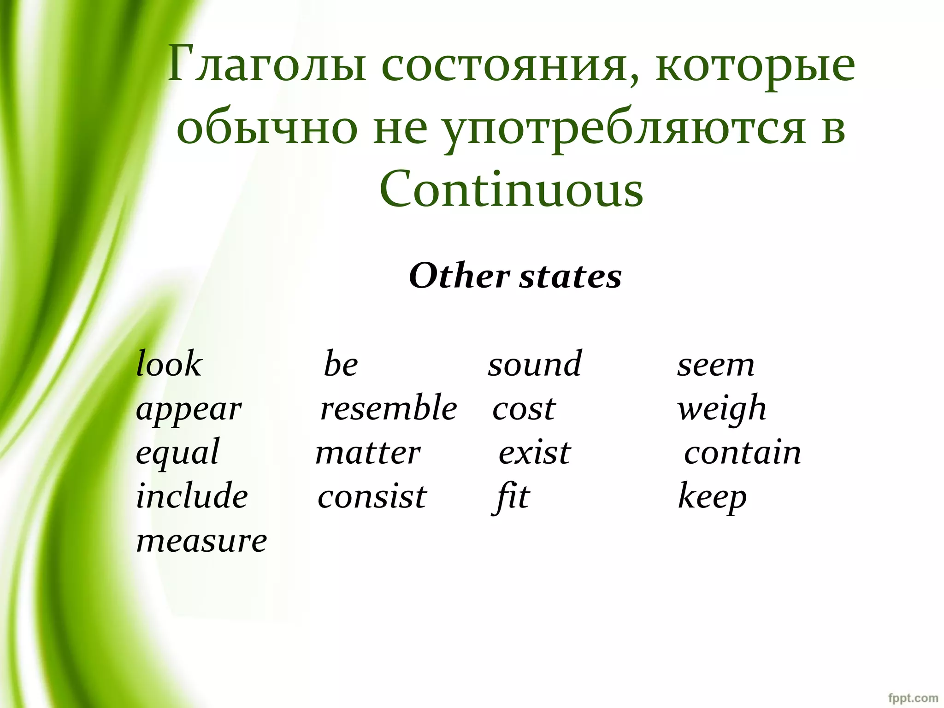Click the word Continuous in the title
[x=511, y=189]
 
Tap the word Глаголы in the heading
[x=267, y=65]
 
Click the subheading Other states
[x=515, y=276]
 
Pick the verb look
[x=169, y=364]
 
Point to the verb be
[x=341, y=364]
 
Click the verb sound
[x=535, y=364]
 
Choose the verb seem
[x=715, y=365]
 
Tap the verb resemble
[x=389, y=408]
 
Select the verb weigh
[x=721, y=409]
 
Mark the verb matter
[x=368, y=453]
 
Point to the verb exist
[x=535, y=453]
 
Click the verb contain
[x=742, y=453]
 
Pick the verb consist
[x=372, y=497]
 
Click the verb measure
[x=201, y=541]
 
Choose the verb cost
[x=524, y=408]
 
